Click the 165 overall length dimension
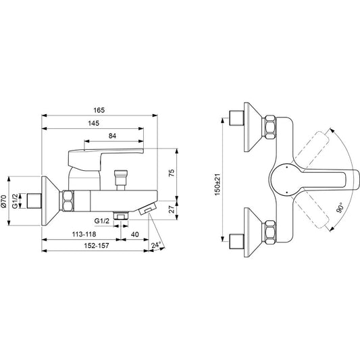point(99,110)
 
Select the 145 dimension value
point(94,124)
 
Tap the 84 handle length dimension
point(112,136)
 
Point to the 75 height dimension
point(172,173)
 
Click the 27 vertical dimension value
point(172,209)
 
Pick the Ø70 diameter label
point(4,201)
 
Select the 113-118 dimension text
point(84,234)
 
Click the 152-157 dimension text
point(97,246)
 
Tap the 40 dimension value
point(135,234)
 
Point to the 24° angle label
point(155,245)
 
